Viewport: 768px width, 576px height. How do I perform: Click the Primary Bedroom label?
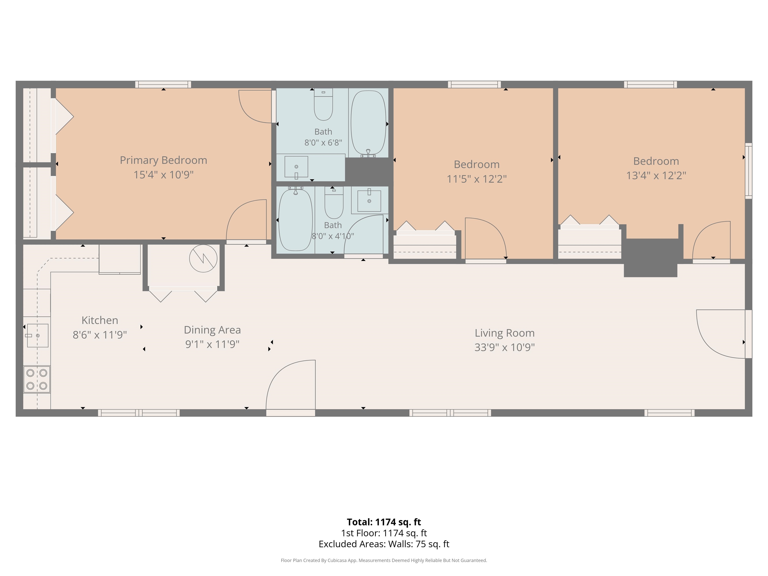[x=163, y=160]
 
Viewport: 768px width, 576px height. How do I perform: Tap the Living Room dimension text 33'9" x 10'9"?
[x=504, y=347]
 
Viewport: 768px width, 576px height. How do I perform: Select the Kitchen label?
[x=100, y=320]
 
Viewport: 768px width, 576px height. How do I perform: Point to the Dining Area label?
[x=212, y=330]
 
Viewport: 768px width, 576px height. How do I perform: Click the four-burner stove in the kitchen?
[x=37, y=379]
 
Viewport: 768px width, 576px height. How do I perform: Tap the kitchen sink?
[x=37, y=335]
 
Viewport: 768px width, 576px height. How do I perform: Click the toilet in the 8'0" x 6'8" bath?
[x=323, y=104]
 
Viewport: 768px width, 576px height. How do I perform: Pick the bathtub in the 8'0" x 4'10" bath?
[x=295, y=219]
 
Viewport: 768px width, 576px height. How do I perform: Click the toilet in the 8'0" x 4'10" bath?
[x=334, y=202]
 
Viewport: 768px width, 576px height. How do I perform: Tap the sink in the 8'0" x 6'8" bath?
[x=296, y=167]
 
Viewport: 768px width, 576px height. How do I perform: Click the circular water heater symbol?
[x=203, y=258]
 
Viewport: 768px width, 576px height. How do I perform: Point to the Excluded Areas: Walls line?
[x=384, y=544]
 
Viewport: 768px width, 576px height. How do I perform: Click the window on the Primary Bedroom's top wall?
[x=163, y=84]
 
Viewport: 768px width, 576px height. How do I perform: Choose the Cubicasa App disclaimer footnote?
[x=384, y=560]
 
